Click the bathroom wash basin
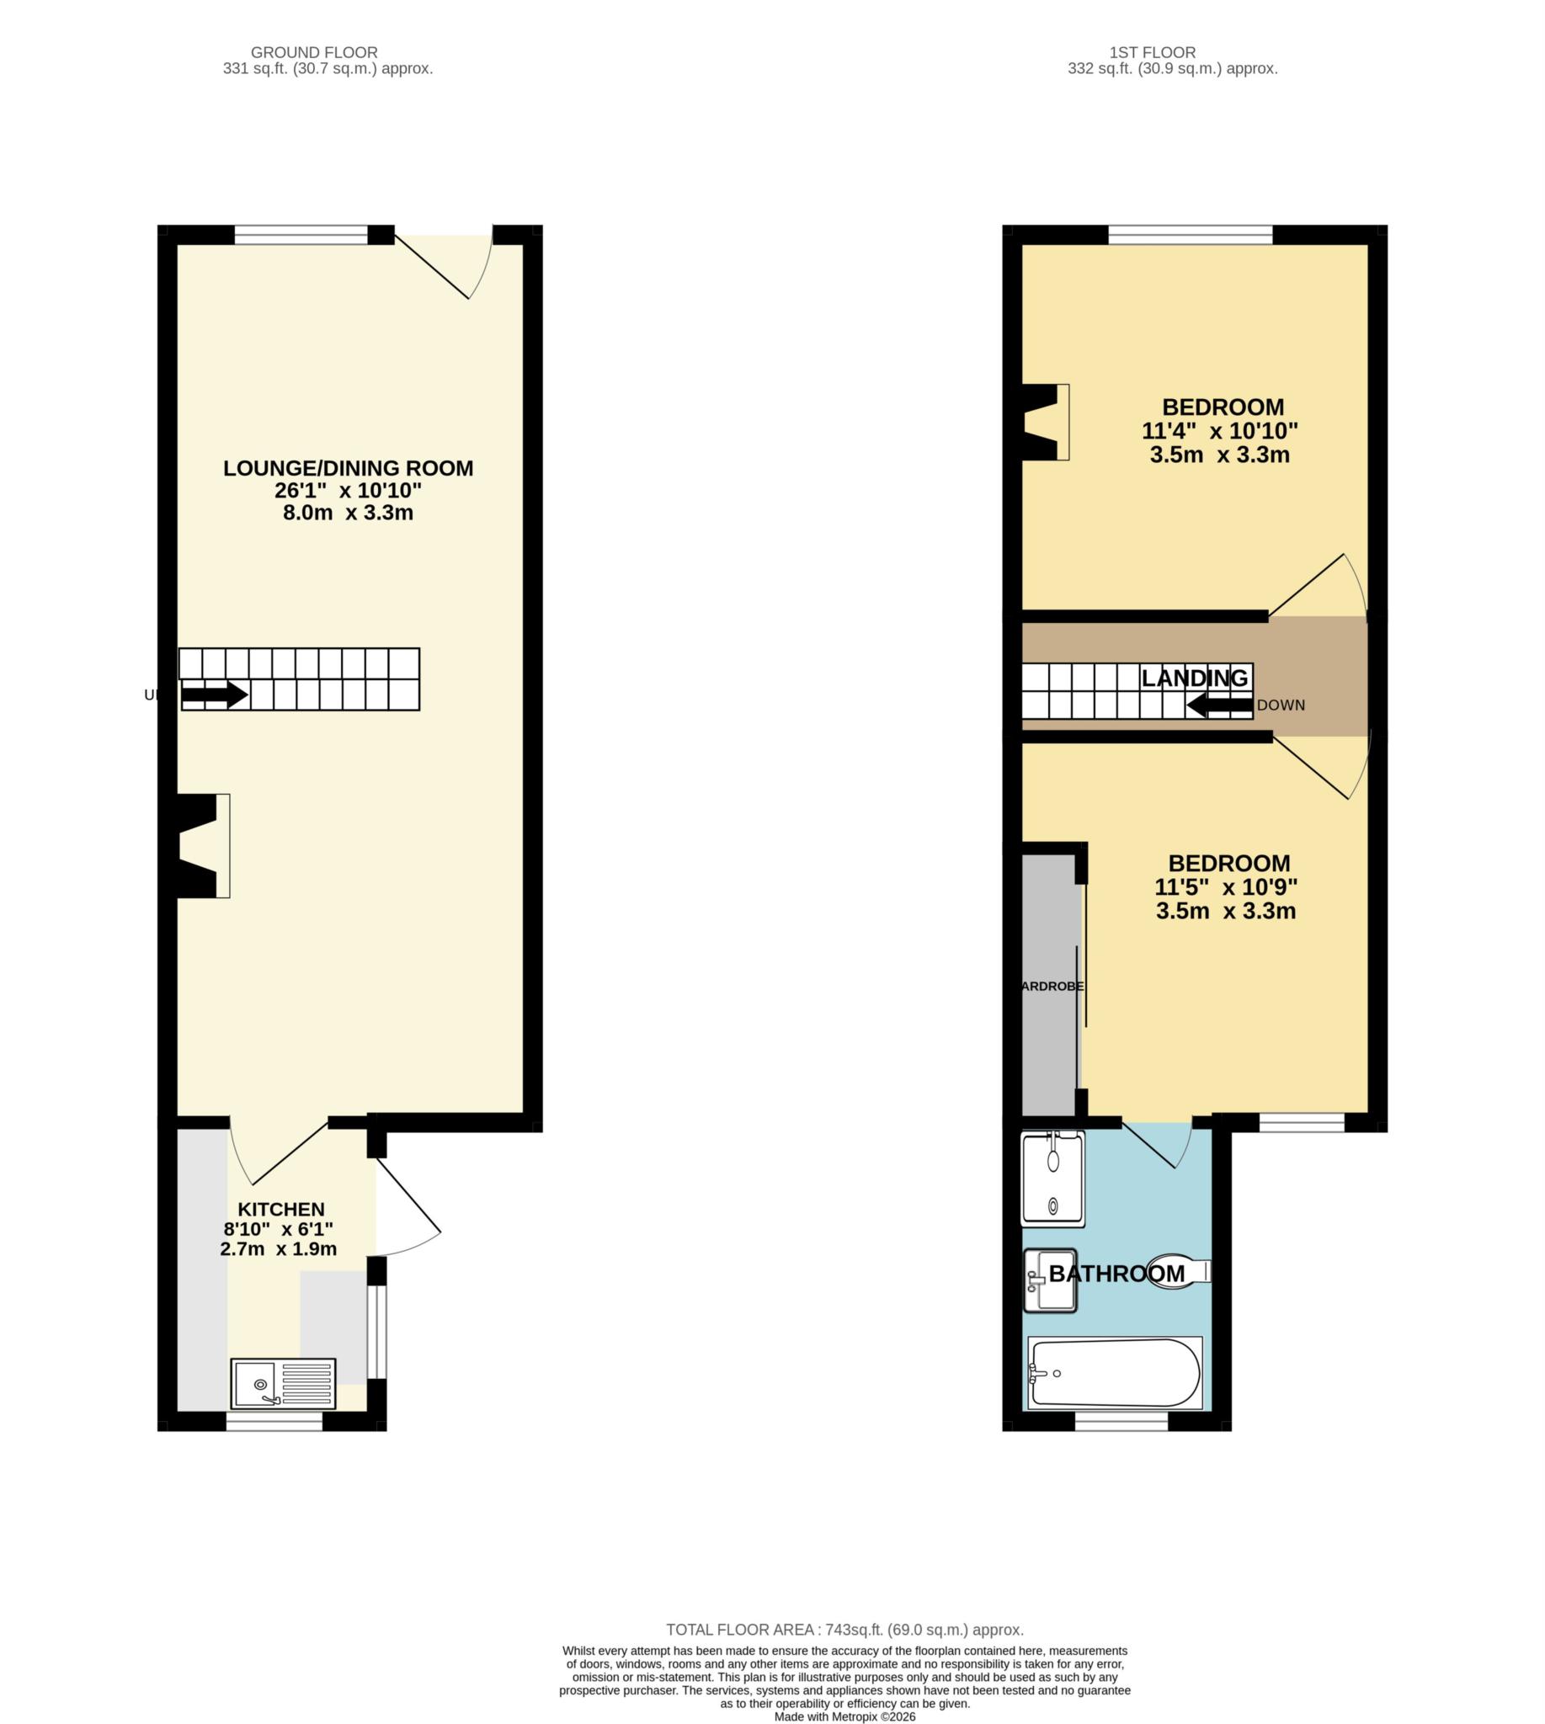point(1050,1280)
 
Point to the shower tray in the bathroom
point(1052,1180)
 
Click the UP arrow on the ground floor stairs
point(214,695)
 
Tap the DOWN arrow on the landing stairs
point(1219,705)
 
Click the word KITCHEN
point(281,1209)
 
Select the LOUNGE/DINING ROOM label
point(348,468)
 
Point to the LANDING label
point(1195,678)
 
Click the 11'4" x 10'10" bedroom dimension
point(1219,430)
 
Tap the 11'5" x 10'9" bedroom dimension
point(1225,887)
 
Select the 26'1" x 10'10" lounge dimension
point(348,491)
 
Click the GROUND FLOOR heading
point(314,53)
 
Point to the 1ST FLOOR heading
point(1152,53)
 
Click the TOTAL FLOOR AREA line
point(844,1629)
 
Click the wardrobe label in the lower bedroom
point(1052,987)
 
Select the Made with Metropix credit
point(844,1716)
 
